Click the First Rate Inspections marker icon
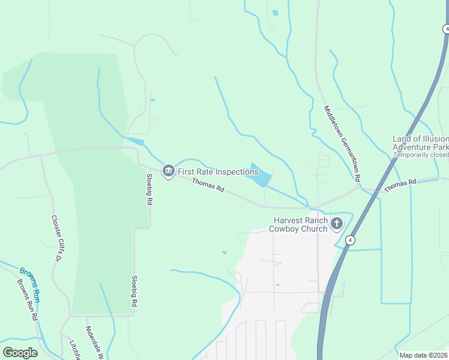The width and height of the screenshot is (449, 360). pyautogui.click(x=169, y=171)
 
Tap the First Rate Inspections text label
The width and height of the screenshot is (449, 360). pyautogui.click(x=218, y=172)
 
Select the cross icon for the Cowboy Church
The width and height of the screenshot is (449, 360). pyautogui.click(x=337, y=224)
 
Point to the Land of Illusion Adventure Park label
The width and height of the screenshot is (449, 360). pyautogui.click(x=420, y=143)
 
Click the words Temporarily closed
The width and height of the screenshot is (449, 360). pyautogui.click(x=421, y=154)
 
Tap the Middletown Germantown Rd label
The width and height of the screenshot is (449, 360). pyautogui.click(x=342, y=144)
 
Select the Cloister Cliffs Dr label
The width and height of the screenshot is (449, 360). pyautogui.click(x=57, y=239)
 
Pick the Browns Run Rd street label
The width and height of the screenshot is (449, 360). pyautogui.click(x=27, y=299)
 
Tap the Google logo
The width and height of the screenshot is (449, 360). pyautogui.click(x=20, y=353)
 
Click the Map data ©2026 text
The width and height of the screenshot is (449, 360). pyautogui.click(x=423, y=355)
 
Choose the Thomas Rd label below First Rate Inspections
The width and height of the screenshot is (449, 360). pyautogui.click(x=208, y=184)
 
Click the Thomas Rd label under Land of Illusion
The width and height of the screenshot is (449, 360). pyautogui.click(x=400, y=185)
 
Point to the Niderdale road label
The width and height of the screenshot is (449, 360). pyautogui.click(x=92, y=342)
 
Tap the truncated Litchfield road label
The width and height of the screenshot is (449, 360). pyautogui.click(x=75, y=350)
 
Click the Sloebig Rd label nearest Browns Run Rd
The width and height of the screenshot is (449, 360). pyautogui.click(x=133, y=293)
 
